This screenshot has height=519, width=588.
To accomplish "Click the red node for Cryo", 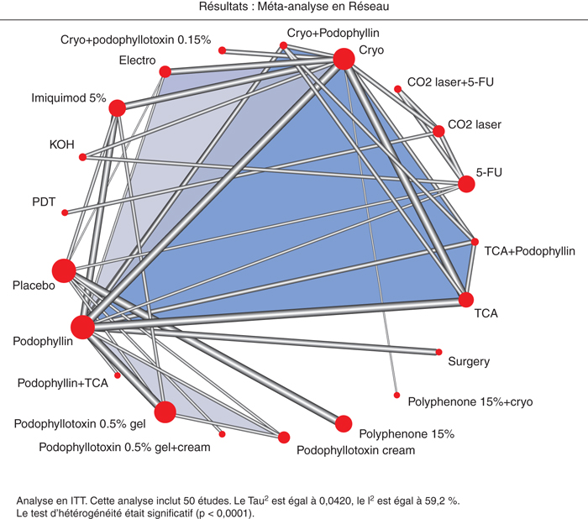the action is tap(344, 59).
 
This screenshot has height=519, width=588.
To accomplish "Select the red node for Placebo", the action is tap(64, 270).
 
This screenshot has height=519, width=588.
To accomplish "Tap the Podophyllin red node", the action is tap(82, 327).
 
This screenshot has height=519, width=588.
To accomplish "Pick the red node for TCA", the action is tap(466, 300).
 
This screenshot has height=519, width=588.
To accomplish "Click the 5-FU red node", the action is tap(466, 184).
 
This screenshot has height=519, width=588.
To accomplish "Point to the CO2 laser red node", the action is tap(438, 131).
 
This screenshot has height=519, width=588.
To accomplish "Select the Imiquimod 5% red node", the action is tap(117, 108).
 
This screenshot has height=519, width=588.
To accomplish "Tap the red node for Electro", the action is tap(165, 71).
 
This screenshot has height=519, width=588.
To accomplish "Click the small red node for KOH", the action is tap(82, 157).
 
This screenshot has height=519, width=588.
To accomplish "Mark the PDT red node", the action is tap(65, 212).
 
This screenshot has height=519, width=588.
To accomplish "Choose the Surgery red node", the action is tap(438, 352).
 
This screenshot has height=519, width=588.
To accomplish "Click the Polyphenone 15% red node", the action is tap(343, 424).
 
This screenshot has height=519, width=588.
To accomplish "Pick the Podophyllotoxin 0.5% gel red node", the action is tap(165, 412).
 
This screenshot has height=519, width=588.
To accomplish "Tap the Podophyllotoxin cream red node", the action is tap(284, 438).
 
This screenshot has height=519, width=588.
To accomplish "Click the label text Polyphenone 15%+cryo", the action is tap(470, 402).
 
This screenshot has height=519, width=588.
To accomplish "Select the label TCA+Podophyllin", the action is tap(529, 251).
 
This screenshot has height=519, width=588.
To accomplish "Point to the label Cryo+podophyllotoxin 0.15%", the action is tap(136, 39).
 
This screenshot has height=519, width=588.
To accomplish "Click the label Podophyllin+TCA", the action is tap(63, 383).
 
